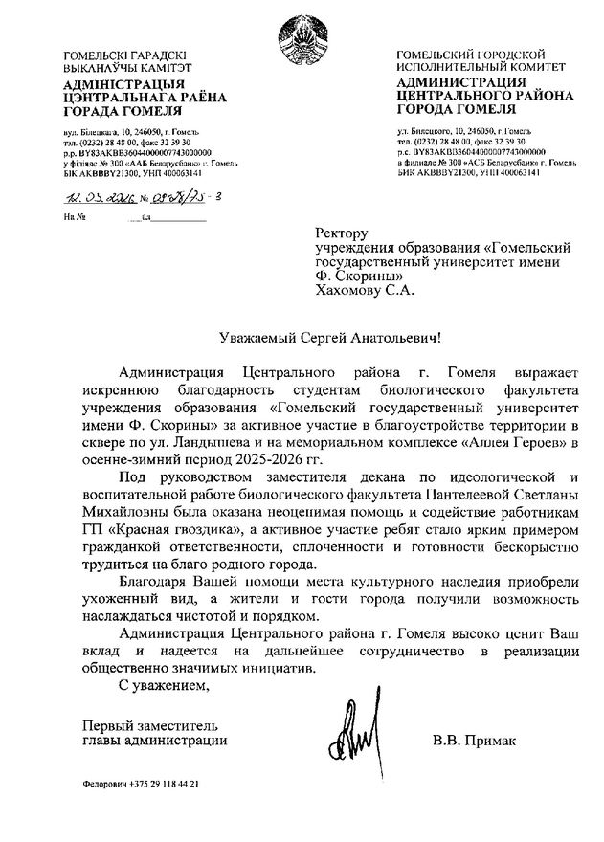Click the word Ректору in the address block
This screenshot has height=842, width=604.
(x=342, y=233)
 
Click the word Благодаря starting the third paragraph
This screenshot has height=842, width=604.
(x=156, y=582)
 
